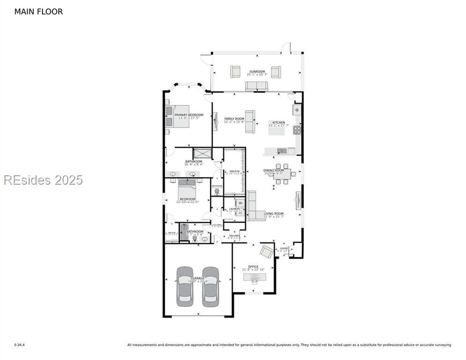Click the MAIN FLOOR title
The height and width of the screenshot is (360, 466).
coord(38,12)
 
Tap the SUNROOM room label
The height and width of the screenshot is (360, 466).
coord(257,72)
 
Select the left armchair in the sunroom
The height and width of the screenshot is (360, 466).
coord(235,72)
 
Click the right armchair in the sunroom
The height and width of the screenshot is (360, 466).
coord(276,72)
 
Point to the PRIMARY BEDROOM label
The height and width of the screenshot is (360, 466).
coord(189,115)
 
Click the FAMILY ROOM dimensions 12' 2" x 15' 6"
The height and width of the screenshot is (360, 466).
coord(234,122)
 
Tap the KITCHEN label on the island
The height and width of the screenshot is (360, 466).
coord(279,123)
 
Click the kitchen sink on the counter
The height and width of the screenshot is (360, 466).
coord(282,151)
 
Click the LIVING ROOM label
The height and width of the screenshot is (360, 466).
coord(274,214)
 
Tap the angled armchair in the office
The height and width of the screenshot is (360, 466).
coord(267,252)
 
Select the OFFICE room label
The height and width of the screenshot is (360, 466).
coord(253,267)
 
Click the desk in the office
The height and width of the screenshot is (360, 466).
coord(256,278)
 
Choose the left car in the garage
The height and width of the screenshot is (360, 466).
coord(185,286)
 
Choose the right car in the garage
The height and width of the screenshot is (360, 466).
coord(211,286)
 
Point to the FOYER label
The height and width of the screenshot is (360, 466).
coord(284,248)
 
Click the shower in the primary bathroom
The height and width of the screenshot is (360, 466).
coord(203,154)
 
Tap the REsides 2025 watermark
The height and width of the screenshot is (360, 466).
coord(44,180)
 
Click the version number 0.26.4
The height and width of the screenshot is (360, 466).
coord(19,345)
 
